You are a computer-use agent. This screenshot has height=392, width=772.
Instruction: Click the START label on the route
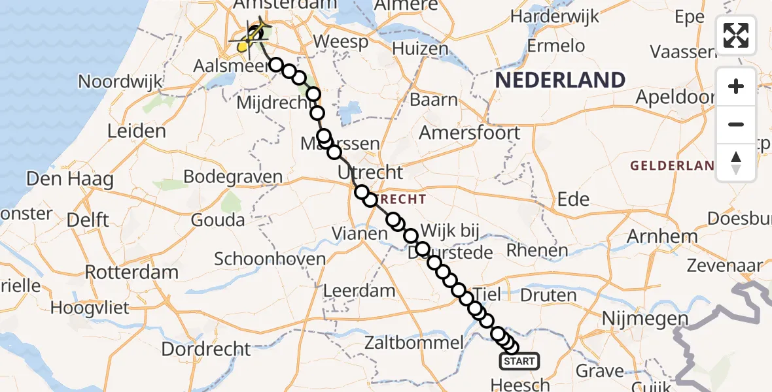[520, 361]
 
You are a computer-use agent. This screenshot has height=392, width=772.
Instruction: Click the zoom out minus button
[736, 124]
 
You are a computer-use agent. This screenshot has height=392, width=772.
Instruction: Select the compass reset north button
[736, 162]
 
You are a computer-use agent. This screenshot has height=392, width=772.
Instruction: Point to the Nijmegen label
[643, 319]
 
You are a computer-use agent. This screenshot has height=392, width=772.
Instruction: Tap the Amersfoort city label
[469, 133]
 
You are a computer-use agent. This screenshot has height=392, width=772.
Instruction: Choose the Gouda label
[218, 220]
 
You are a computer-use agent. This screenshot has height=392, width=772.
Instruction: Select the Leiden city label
[137, 131]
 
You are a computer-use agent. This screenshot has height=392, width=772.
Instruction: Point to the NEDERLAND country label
[560, 80]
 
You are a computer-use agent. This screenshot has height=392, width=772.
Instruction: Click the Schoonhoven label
[270, 259]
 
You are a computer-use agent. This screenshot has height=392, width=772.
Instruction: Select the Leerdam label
[360, 291]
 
